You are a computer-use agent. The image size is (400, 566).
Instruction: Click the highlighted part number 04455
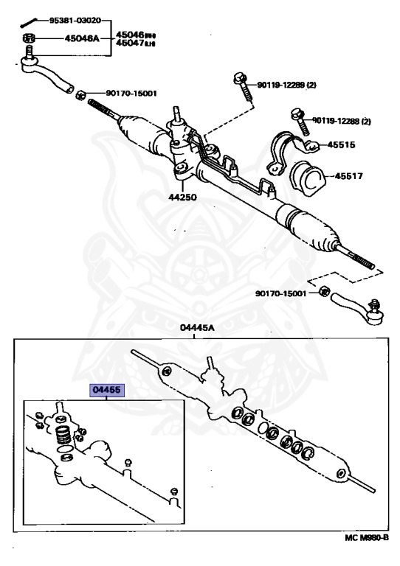(x=107, y=391)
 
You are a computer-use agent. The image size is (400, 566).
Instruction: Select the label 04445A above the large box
(x=194, y=326)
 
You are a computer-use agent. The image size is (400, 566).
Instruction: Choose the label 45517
(x=352, y=176)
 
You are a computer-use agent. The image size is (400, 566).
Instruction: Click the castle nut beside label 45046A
(x=27, y=38)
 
